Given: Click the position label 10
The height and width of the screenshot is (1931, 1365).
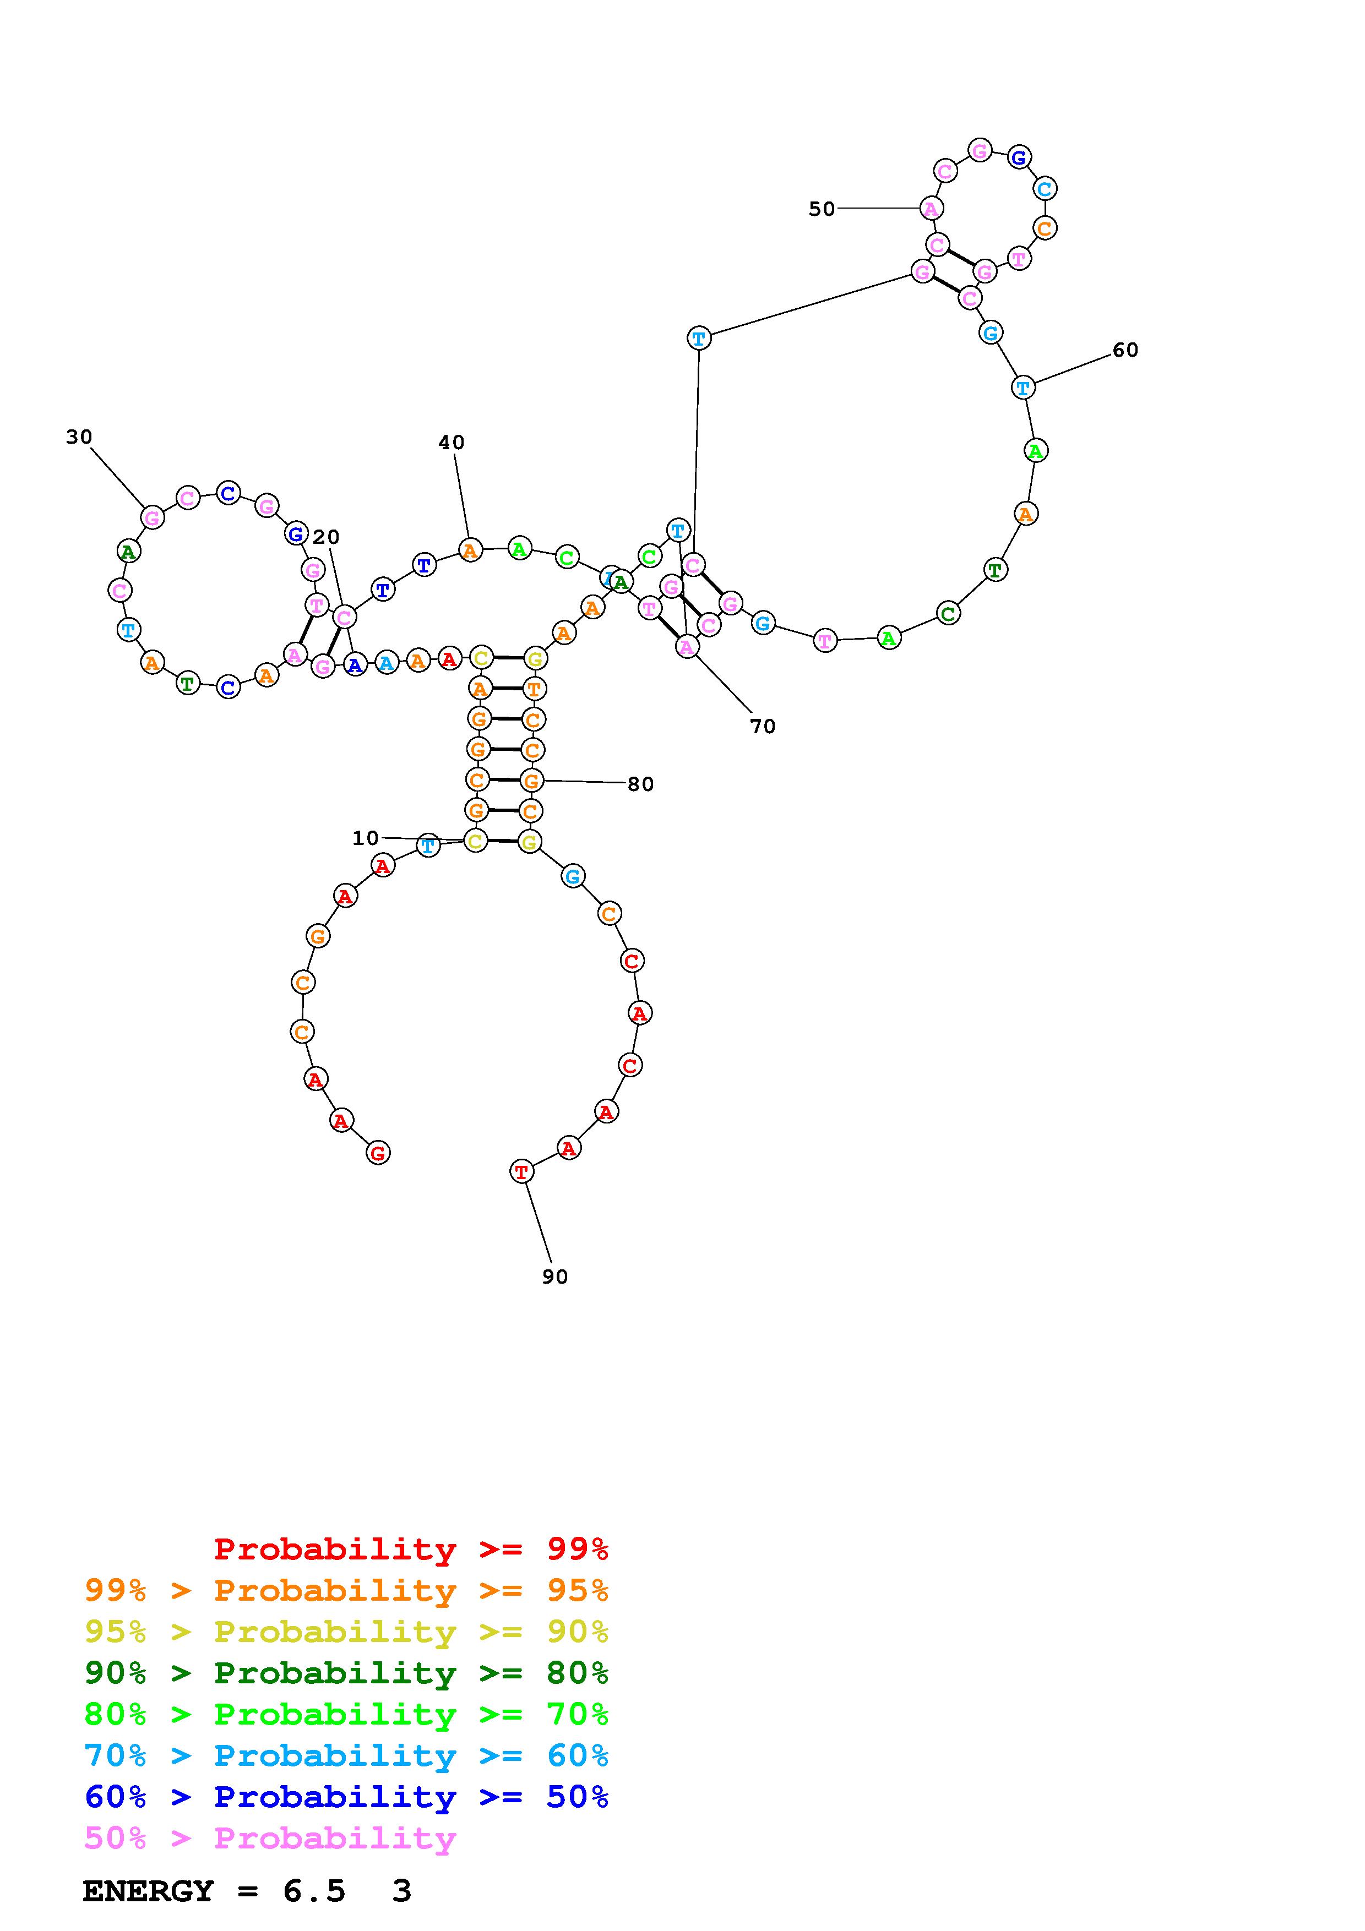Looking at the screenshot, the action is pos(365,838).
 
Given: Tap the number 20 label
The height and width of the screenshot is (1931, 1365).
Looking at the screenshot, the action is pos(327,537).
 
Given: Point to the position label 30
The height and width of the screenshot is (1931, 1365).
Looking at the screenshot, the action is pos(79,437).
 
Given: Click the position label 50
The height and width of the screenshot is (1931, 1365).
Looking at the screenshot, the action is pos(822,209).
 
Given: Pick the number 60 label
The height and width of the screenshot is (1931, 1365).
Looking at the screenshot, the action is pos(1125,350).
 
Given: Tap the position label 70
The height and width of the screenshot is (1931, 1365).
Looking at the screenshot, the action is pos(763,726).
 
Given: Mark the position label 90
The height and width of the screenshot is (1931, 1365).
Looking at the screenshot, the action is pos(555,1277).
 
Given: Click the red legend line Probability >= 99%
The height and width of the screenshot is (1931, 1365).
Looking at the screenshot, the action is pos(411,1548).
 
